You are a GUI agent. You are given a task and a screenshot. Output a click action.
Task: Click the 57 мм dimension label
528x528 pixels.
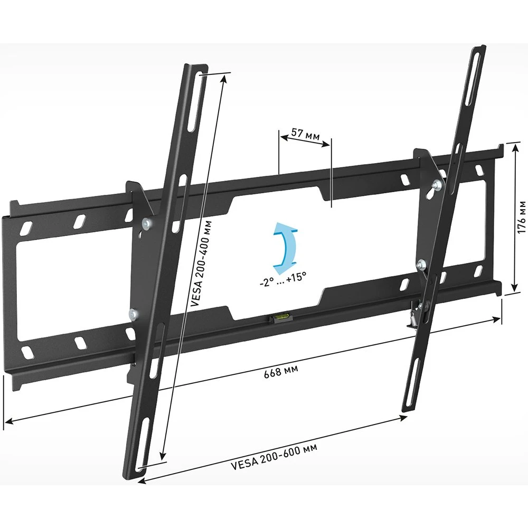click(305, 134)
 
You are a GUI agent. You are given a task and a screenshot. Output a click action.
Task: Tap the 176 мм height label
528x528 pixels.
click(521, 217)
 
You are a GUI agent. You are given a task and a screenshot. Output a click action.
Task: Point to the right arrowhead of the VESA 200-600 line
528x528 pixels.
click(406, 417)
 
